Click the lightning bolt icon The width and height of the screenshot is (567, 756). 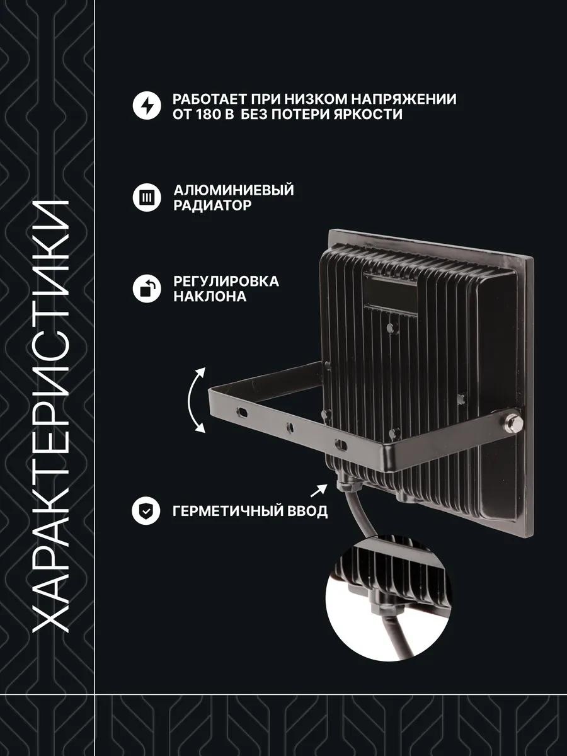147,105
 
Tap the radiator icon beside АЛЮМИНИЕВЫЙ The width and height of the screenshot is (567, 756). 147,197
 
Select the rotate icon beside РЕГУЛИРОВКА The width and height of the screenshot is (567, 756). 147,289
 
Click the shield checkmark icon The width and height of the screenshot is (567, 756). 146,511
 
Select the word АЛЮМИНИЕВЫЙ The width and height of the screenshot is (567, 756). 234,190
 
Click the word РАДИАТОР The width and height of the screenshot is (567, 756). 212,205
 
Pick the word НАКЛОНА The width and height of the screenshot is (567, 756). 210,297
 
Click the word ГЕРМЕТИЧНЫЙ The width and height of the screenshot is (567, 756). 223,511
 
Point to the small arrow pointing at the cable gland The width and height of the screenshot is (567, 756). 319,490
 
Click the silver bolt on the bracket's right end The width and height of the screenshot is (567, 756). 514,422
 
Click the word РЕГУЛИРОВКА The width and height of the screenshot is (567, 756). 226,282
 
